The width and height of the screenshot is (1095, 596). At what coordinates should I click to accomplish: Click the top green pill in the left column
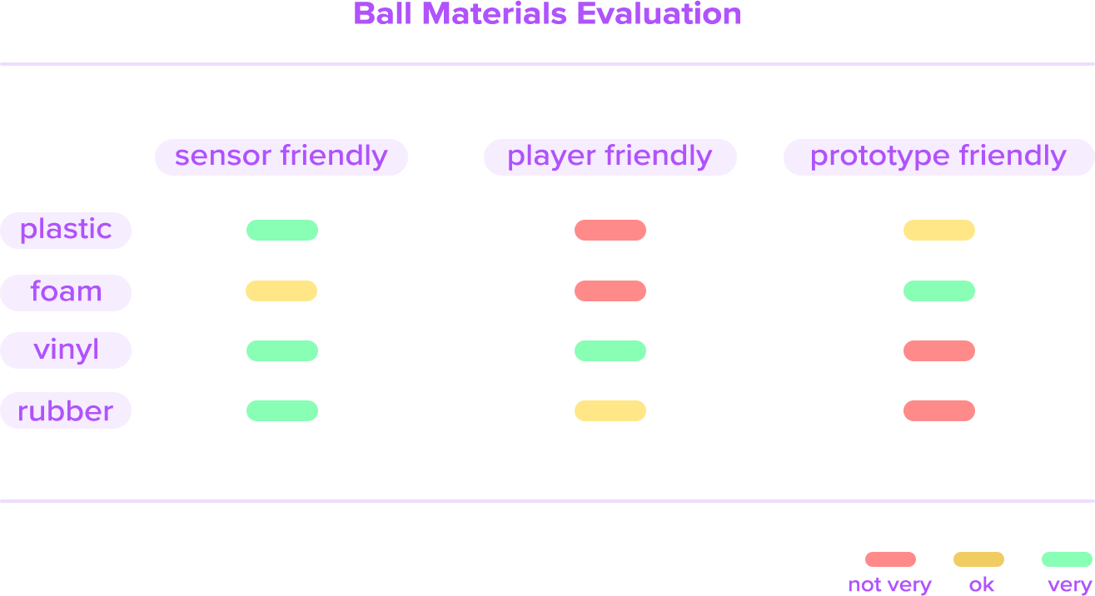click(x=282, y=231)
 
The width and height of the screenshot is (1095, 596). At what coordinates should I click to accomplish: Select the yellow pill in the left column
click(x=281, y=291)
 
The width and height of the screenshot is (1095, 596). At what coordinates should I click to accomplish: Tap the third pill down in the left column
click(x=282, y=351)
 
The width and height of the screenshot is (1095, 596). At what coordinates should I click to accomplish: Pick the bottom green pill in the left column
click(x=282, y=411)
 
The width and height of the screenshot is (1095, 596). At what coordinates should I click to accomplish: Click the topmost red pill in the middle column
click(x=610, y=231)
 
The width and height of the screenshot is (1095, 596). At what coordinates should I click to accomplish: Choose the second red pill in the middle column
click(x=610, y=291)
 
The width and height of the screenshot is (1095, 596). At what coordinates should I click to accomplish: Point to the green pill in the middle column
click(x=610, y=351)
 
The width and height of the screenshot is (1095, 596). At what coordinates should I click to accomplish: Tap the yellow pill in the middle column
click(x=610, y=411)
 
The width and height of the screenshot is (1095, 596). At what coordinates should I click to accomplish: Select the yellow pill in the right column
click(x=939, y=231)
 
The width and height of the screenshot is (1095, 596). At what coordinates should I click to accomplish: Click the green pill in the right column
click(x=939, y=291)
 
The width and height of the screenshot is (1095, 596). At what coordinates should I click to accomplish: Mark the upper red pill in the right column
click(x=939, y=351)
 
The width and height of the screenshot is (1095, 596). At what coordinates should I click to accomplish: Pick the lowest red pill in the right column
click(x=939, y=411)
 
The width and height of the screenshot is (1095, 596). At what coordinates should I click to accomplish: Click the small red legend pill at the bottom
click(x=890, y=559)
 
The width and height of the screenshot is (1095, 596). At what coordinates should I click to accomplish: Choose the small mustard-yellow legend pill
click(x=978, y=559)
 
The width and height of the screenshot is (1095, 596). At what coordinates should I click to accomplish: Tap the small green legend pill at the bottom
click(x=1067, y=559)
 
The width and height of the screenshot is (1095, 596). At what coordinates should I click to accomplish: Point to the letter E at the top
click(x=582, y=13)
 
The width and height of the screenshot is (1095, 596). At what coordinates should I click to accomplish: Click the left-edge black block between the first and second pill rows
click(x=13, y=261)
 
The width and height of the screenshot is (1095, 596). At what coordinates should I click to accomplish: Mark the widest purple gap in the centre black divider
click(x=580, y=157)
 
